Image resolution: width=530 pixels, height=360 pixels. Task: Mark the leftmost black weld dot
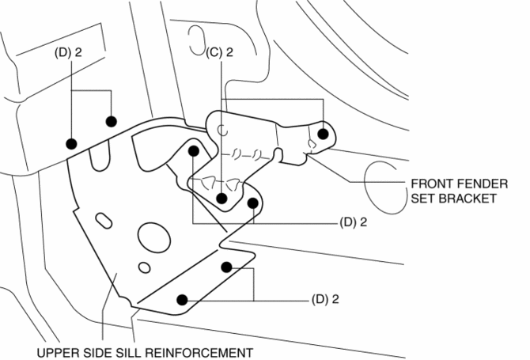coord(71,143)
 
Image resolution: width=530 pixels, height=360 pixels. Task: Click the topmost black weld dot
coord(112,121)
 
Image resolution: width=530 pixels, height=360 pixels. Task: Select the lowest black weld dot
coord(182,300)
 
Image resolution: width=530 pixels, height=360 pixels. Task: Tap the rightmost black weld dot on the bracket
coord(323,133)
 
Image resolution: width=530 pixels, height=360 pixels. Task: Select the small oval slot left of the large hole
coord(103,218)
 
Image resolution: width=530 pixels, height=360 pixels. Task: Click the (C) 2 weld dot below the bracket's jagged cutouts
coord(223,199)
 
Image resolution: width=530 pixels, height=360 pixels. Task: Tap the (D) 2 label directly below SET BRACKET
coord(353,223)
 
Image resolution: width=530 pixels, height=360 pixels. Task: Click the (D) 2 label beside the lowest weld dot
coord(326,300)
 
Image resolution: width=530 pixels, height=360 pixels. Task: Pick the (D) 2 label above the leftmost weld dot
coord(70,52)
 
